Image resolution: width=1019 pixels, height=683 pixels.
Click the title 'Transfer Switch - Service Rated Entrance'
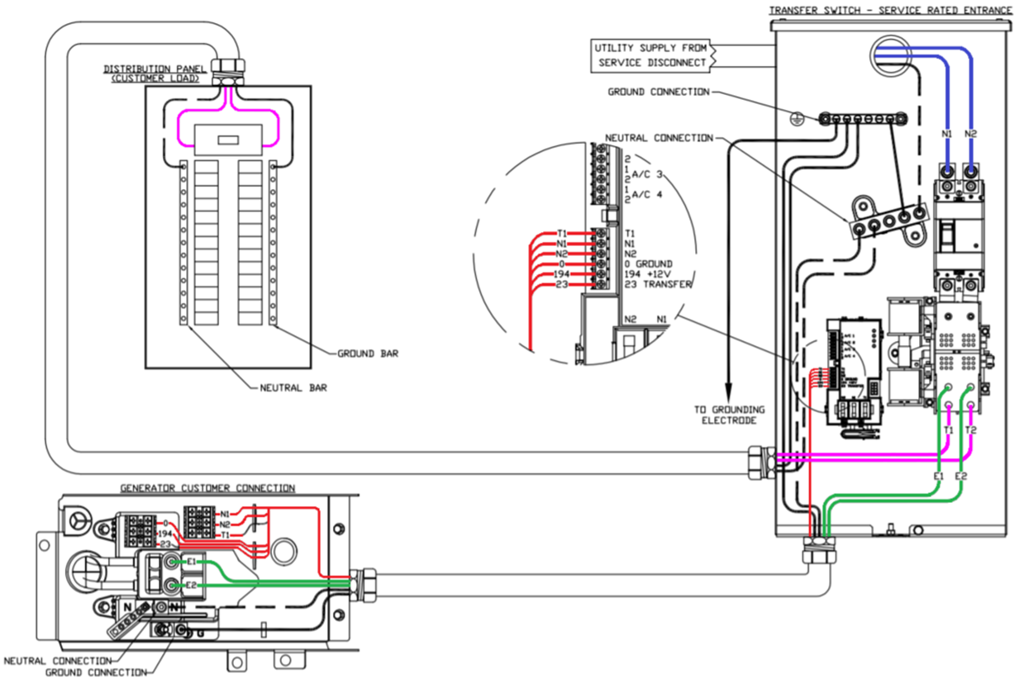[x=890, y=10]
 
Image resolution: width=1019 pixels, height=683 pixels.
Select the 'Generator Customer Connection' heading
[x=207, y=488]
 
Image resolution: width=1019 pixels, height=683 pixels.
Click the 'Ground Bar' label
[x=368, y=353]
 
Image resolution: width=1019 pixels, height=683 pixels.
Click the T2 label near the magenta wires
[x=971, y=431]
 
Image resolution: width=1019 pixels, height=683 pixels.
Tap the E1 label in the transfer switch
[x=938, y=477]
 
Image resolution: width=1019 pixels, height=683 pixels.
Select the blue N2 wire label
[x=971, y=133]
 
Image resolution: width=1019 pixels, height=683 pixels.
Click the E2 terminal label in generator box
[x=192, y=586]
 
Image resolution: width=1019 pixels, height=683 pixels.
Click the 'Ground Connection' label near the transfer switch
[x=659, y=92]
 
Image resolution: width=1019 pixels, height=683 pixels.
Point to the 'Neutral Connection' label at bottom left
[x=58, y=661]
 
